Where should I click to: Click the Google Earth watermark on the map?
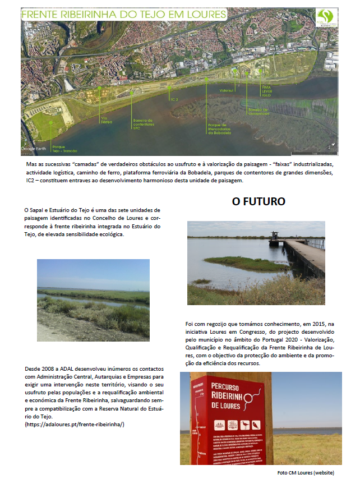[35, 149]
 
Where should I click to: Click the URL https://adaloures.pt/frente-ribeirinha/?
[75, 425]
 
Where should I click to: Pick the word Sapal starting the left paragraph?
[37, 210]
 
